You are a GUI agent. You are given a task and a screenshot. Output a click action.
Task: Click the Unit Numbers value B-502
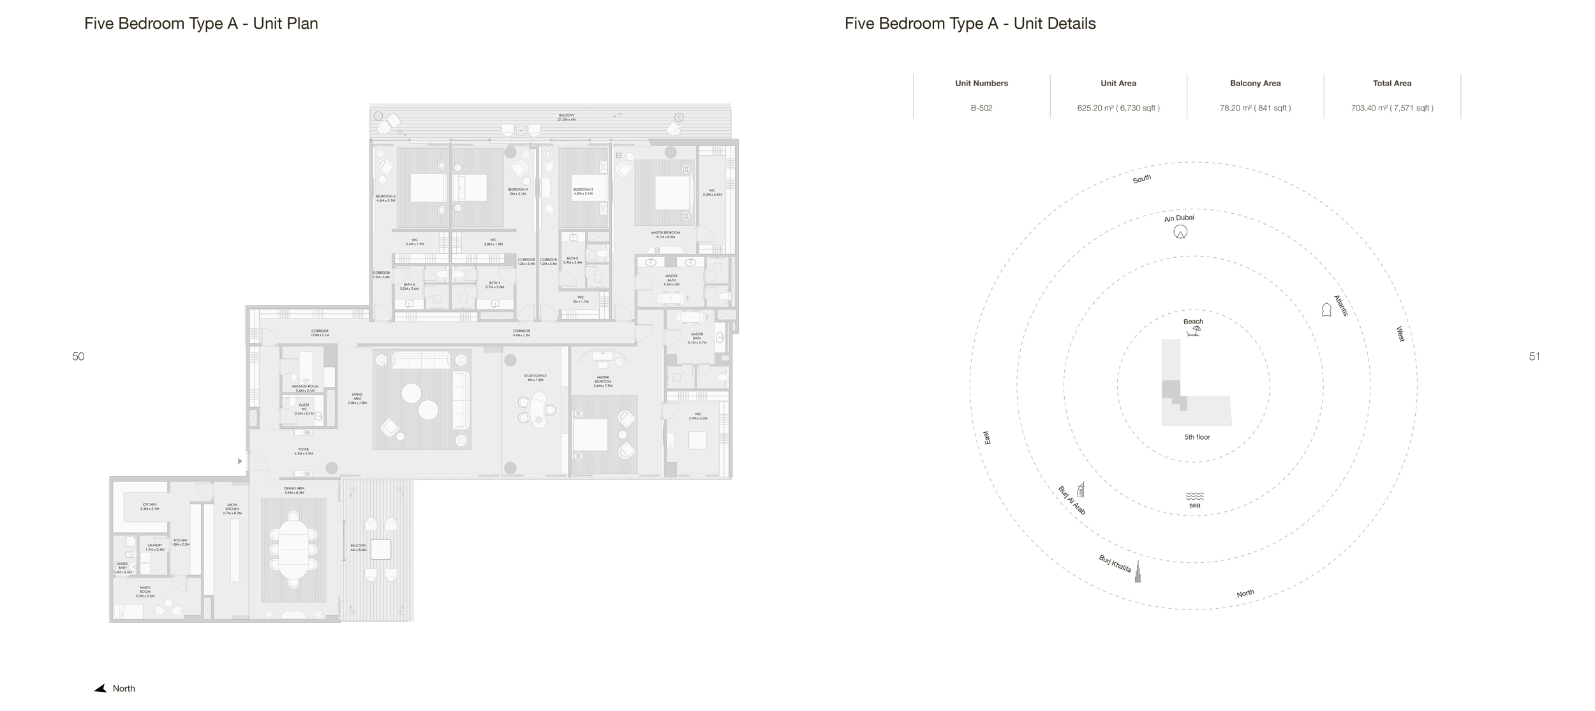pos(981,108)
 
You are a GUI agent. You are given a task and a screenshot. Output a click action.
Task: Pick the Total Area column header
pos(1391,83)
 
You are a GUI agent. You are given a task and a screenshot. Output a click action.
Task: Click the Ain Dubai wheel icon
pos(1180,232)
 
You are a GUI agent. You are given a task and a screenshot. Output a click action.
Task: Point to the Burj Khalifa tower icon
pos(1137,571)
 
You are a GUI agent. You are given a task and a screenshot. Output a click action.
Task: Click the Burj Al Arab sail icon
pos(1081,490)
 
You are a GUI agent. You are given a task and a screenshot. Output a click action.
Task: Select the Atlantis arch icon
pos(1326,310)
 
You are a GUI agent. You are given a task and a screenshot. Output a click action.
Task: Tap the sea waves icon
pos(1194,496)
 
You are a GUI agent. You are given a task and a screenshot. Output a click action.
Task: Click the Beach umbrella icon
pos(1194,331)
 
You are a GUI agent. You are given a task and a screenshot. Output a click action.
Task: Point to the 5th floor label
pos(1197,437)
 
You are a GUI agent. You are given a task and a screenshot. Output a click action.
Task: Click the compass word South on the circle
pos(1141,179)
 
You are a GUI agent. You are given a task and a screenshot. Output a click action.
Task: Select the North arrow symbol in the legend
pos(101,689)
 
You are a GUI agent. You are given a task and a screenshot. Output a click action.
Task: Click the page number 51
pos(1534,357)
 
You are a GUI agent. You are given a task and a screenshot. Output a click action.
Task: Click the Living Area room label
pos(357,399)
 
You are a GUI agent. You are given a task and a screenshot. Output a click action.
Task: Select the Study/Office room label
pos(535,378)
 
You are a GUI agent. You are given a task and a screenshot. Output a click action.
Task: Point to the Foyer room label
pos(304,451)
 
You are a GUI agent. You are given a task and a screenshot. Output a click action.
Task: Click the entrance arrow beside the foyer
pos(240,461)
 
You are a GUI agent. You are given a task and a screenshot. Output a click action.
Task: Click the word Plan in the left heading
pos(302,24)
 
